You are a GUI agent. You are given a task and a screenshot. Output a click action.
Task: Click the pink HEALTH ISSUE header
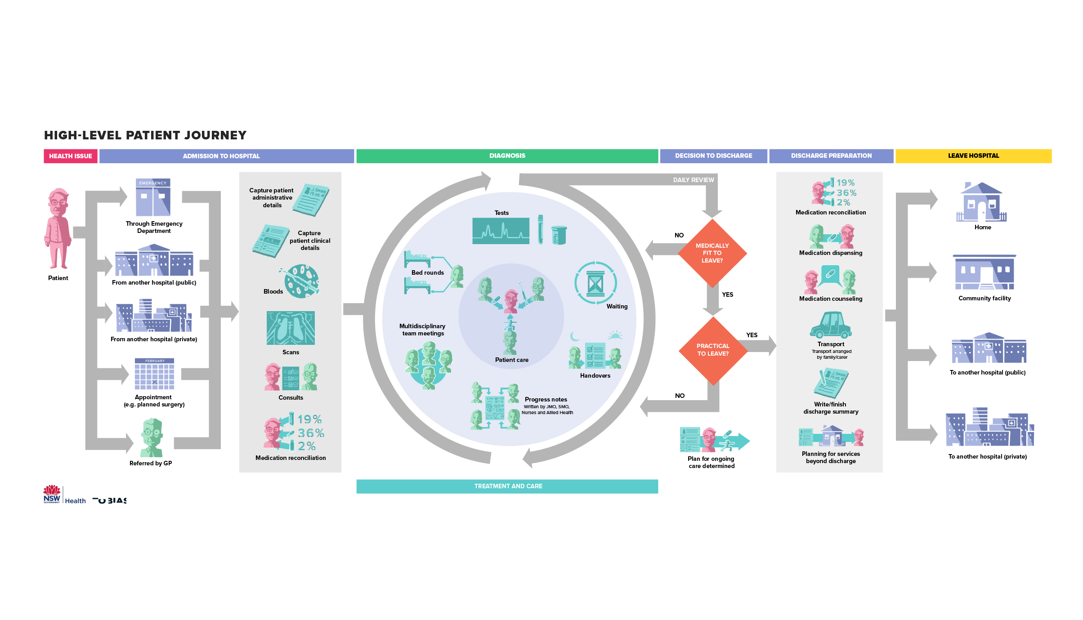[x=71, y=156]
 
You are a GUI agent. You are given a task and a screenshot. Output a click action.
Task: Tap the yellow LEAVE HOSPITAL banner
[x=973, y=156]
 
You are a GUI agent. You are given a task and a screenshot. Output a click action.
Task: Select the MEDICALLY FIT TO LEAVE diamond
[x=712, y=253]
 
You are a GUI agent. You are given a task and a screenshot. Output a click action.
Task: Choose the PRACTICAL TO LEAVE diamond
[x=713, y=350]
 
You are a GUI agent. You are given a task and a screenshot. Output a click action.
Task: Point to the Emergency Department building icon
[x=153, y=197]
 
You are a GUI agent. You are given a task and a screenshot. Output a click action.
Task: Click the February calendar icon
[x=154, y=374]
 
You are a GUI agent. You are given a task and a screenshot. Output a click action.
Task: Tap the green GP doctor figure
[x=152, y=437]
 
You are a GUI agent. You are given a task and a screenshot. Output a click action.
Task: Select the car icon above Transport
[x=831, y=325]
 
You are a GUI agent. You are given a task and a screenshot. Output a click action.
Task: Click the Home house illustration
[x=981, y=202]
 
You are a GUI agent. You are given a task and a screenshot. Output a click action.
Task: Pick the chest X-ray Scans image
[x=291, y=328]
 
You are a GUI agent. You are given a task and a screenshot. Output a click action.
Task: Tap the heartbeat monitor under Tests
[x=501, y=231]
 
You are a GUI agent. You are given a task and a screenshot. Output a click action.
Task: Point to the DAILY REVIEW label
[x=694, y=180]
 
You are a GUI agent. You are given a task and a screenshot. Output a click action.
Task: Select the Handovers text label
[x=595, y=376]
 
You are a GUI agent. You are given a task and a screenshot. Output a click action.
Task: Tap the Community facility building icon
[x=985, y=272]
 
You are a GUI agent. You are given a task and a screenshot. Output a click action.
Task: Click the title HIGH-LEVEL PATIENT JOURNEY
[x=145, y=135]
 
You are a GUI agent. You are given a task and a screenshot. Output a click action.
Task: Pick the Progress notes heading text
[x=546, y=400]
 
